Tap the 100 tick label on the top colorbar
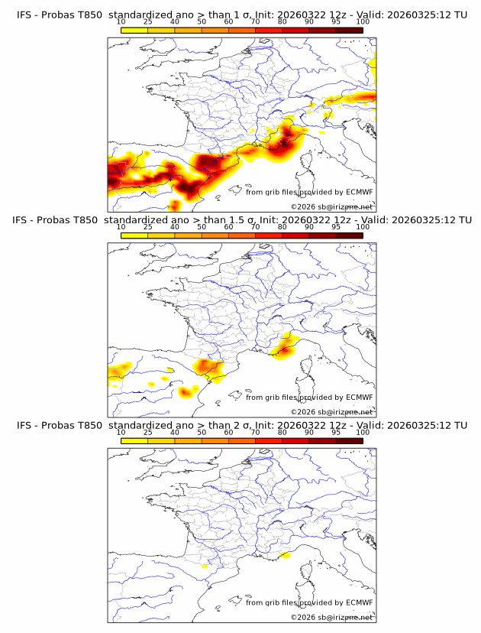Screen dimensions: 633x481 363,22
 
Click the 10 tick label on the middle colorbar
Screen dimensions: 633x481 121,227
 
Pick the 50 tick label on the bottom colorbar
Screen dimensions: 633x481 202,432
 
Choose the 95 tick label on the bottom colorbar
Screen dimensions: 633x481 336,432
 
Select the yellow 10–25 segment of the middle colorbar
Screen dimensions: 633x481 134,235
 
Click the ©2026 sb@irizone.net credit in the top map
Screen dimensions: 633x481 331,207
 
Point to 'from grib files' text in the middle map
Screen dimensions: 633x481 272,398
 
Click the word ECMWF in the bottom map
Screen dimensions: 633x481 360,602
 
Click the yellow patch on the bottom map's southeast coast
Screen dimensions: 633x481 285,556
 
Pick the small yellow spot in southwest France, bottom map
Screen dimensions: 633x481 205,566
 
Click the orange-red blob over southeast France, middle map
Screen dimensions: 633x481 284,349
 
